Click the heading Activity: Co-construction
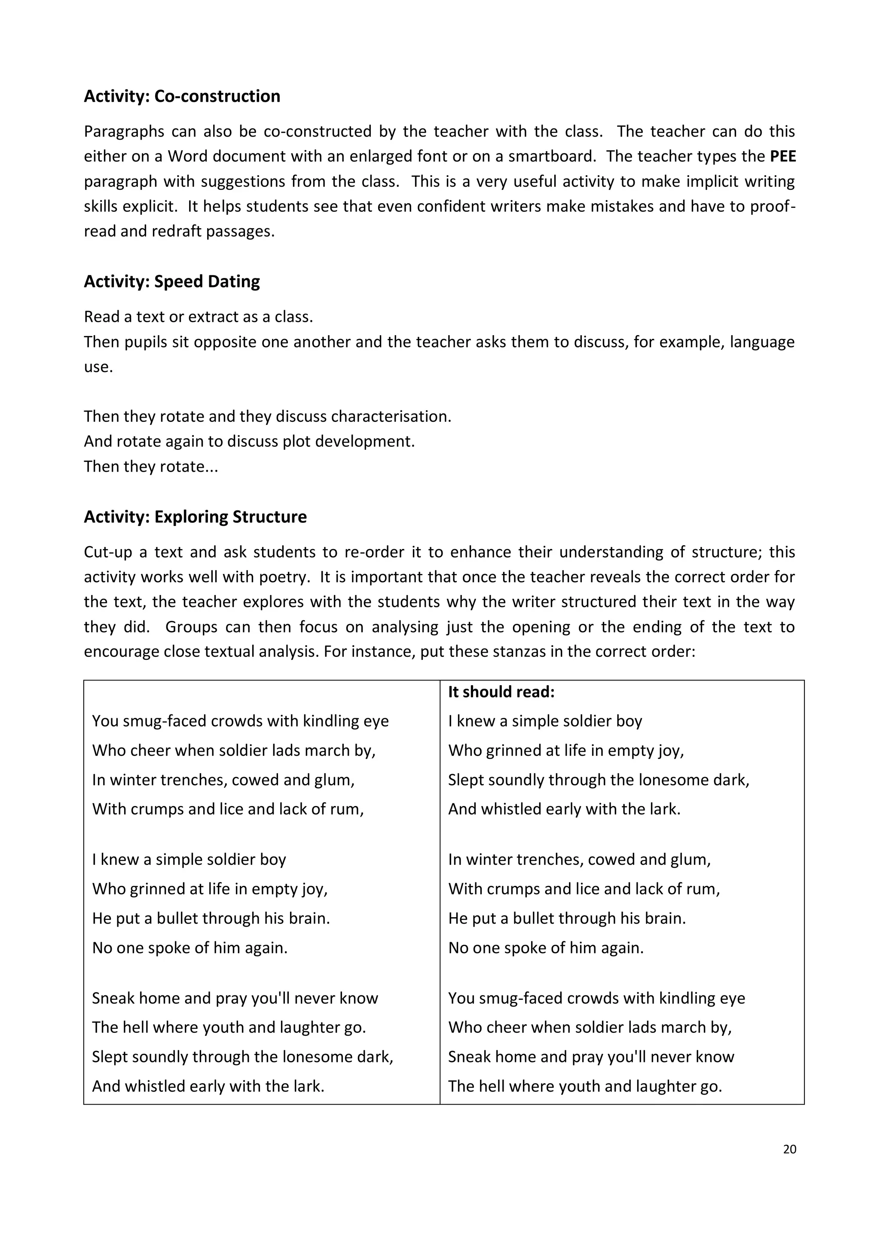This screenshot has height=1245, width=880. tap(182, 96)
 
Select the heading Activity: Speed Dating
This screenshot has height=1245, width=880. tap(171, 281)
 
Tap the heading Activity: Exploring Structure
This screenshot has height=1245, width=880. tap(195, 517)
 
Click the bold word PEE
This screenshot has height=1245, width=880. tap(782, 156)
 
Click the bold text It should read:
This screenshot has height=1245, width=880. tap(501, 692)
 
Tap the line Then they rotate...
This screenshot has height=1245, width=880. tap(151, 466)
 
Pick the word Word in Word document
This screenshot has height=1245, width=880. tap(187, 156)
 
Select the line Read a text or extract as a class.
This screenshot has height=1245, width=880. tap(199, 317)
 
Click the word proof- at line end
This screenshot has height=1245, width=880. tap(773, 206)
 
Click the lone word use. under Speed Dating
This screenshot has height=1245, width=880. tap(98, 367)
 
